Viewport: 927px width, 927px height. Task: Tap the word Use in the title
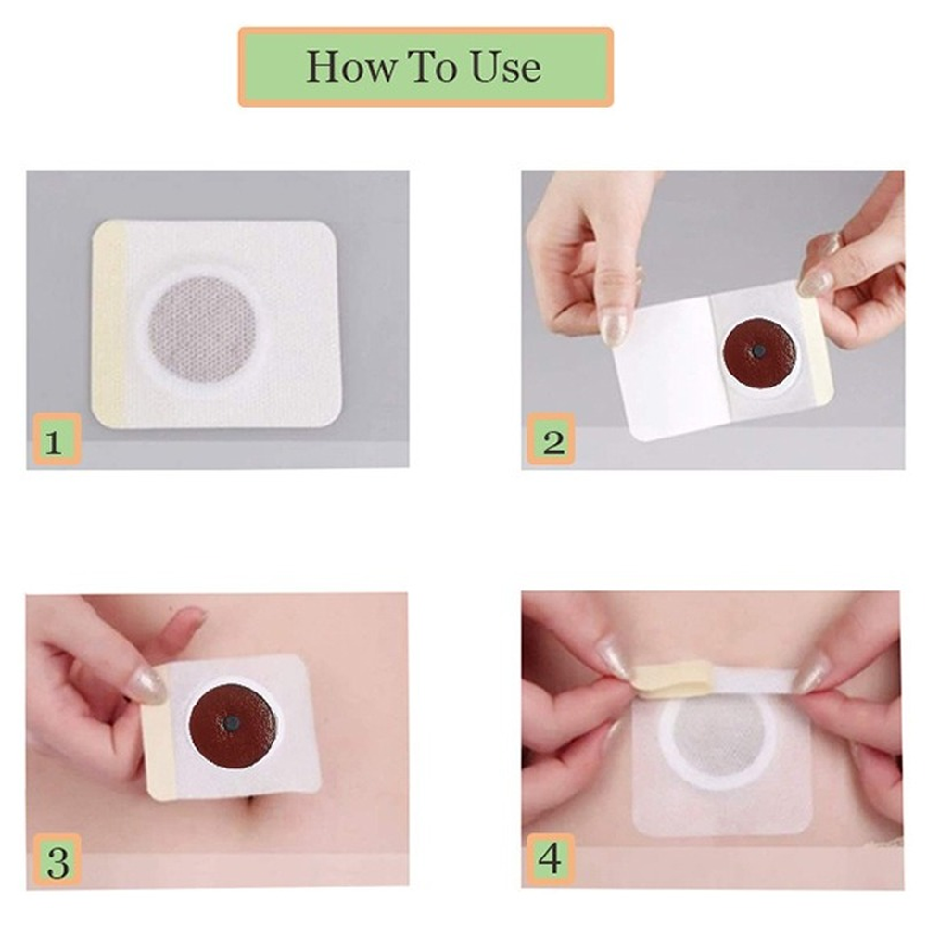pyautogui.click(x=505, y=66)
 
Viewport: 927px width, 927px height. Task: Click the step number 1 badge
pyautogui.click(x=55, y=439)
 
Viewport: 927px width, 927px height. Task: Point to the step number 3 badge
pyautogui.click(x=57, y=861)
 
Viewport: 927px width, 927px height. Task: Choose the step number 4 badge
pyautogui.click(x=550, y=859)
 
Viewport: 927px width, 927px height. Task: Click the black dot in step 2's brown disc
pyautogui.click(x=758, y=351)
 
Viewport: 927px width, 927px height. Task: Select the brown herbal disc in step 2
pyautogui.click(x=759, y=353)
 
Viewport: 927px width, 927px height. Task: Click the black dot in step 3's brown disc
pyautogui.click(x=234, y=721)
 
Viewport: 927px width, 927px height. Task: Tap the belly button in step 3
pyautogui.click(x=260, y=806)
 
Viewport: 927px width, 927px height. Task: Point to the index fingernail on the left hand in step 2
pyautogui.click(x=613, y=324)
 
